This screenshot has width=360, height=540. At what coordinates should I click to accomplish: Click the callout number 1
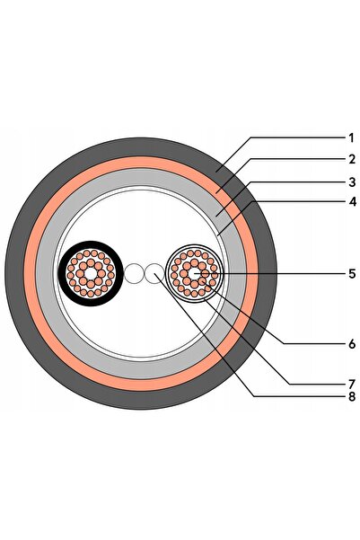(351, 138)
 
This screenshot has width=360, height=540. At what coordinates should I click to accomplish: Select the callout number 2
(351, 159)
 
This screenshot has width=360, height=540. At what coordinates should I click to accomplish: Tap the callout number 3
(351, 182)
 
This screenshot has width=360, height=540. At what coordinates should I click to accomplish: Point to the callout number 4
(352, 202)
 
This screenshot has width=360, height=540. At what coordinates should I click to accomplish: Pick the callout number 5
(351, 274)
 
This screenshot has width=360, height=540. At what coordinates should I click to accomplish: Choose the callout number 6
(351, 344)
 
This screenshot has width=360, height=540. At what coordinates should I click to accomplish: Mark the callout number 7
(351, 384)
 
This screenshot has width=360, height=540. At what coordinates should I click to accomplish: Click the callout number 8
(351, 397)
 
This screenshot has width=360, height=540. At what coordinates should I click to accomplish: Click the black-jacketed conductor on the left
(91, 273)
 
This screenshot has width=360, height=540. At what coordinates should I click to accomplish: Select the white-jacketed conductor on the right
(195, 273)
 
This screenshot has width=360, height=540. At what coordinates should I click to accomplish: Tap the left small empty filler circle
(133, 274)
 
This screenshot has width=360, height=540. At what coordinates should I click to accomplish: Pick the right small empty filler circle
(154, 274)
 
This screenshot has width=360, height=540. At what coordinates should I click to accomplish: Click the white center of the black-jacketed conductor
(91, 274)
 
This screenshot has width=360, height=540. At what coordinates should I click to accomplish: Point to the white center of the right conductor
(194, 274)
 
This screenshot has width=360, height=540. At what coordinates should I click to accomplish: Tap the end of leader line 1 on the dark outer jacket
(217, 170)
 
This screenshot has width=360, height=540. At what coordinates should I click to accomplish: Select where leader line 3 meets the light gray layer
(216, 216)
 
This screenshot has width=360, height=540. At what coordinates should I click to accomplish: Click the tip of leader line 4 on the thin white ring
(218, 235)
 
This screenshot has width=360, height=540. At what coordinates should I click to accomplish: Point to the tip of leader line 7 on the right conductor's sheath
(205, 300)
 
